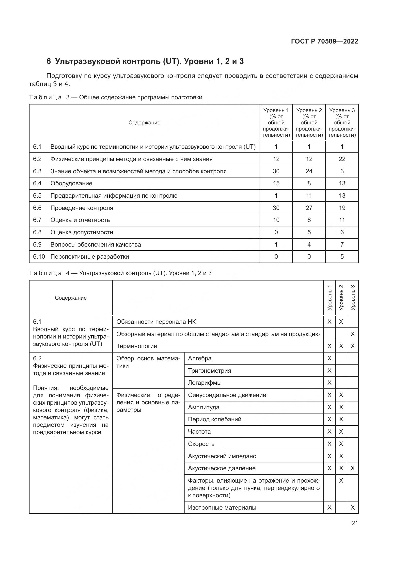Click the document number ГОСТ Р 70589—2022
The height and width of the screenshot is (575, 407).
pos(325,42)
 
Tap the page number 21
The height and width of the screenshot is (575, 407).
pos(355,523)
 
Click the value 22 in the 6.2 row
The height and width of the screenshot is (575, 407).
pos(342,159)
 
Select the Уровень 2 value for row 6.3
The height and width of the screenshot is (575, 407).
pos(309,171)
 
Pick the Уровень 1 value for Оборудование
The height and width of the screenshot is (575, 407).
pos(276,183)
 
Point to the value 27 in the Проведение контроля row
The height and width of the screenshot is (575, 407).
pos(309,208)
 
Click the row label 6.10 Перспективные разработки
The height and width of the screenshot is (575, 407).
pos(81,257)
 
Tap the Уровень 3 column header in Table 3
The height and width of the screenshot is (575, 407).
pos(342,122)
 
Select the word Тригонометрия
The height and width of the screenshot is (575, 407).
pos(209,371)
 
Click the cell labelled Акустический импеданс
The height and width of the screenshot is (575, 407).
pos(222,456)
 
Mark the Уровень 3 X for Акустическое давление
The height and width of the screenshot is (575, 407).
pos(353,468)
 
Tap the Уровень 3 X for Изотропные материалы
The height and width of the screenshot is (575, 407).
pos(353,508)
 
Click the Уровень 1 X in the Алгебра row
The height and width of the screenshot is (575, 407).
pos(329,358)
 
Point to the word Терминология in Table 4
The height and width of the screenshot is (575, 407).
pos(137,346)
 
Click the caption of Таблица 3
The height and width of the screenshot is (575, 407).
pos(116,97)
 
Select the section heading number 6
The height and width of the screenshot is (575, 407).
pos(49,61)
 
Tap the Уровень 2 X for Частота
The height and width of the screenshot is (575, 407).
pos(341,431)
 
